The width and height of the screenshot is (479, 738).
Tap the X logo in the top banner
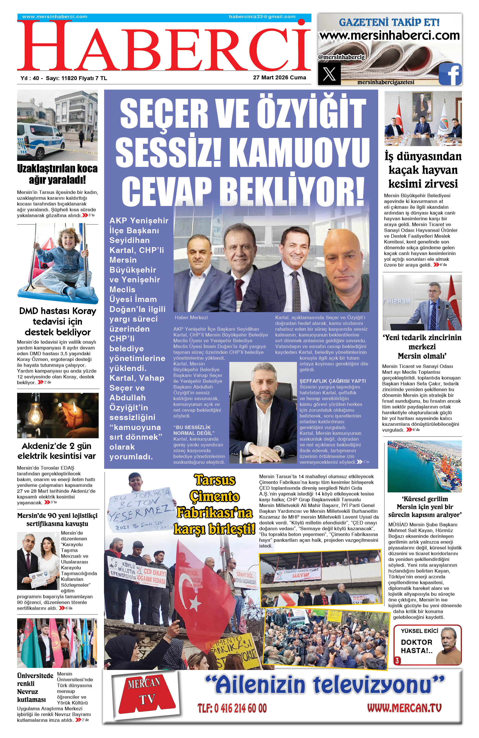point(329,74)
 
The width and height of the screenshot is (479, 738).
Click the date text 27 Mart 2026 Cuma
point(279,78)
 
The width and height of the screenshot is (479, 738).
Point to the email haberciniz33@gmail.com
point(262,17)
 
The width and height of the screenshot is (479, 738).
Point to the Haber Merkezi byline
point(191,318)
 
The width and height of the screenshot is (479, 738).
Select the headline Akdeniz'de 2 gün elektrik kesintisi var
point(57,451)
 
